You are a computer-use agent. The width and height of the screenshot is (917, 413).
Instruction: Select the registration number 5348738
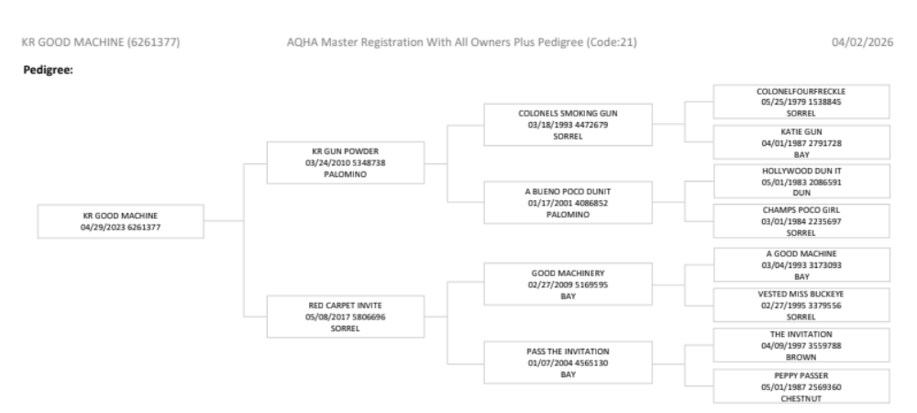[367, 162]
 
